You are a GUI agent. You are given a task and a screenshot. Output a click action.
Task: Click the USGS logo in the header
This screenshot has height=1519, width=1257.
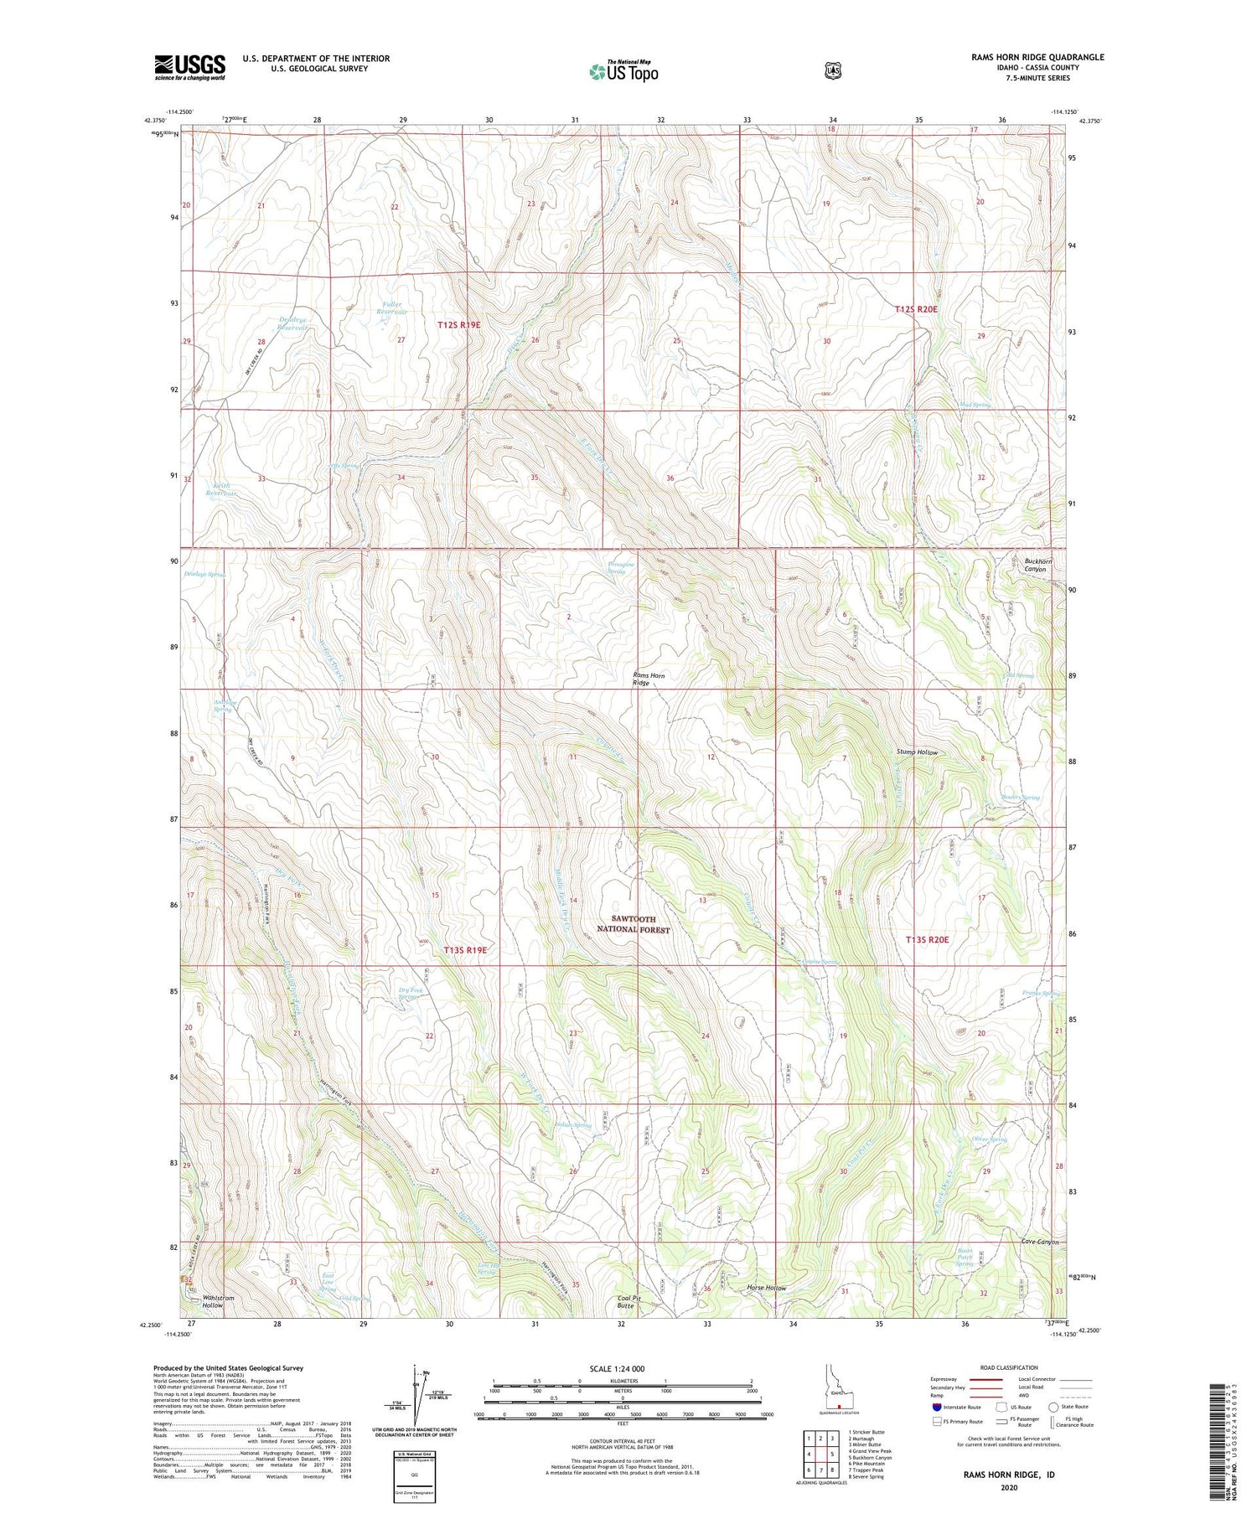point(189,67)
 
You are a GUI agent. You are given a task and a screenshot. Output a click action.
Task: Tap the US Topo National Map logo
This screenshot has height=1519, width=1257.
point(623,71)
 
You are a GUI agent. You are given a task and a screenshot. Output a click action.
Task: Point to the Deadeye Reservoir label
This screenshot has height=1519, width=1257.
point(294,324)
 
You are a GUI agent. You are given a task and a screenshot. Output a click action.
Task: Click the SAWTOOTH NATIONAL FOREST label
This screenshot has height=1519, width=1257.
point(633,924)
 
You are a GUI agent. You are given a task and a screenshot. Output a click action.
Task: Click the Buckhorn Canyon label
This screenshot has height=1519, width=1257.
point(1035,565)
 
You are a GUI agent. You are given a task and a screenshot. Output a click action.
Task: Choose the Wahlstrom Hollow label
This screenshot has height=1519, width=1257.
point(213,1301)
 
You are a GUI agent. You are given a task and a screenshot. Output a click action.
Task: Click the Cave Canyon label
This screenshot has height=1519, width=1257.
point(1040,1242)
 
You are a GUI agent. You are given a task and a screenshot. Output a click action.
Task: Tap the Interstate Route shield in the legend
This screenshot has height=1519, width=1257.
point(937,1407)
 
